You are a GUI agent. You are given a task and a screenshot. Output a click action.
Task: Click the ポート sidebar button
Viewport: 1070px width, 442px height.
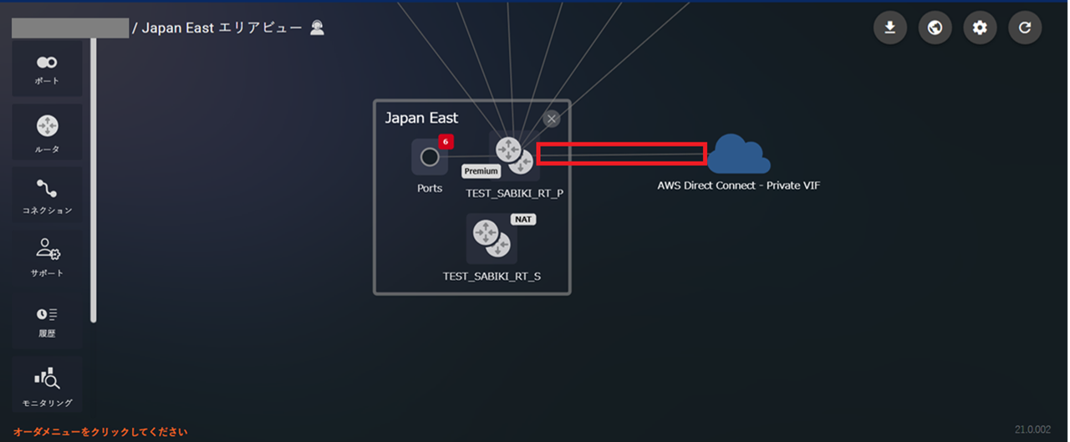pos(47,69)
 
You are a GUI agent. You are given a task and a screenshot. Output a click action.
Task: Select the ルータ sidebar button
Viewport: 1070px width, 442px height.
pos(47,132)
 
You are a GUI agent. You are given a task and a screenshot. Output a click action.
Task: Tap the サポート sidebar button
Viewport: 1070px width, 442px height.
pos(47,257)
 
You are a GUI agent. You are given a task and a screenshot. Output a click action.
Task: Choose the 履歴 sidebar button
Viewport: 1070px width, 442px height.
pos(47,320)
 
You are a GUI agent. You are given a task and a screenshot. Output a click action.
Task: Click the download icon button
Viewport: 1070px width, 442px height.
pos(890,28)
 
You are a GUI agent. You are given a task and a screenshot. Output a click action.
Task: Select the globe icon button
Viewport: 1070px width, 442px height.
pos(935,28)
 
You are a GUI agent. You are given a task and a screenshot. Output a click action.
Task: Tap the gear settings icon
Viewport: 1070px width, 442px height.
pos(980,28)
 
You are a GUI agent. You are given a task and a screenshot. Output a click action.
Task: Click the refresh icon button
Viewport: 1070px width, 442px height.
pos(1025,28)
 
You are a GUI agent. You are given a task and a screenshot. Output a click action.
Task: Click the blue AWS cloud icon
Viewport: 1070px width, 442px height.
pos(738,154)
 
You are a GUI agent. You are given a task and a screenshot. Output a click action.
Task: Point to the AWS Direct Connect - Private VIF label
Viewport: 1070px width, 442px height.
pos(738,185)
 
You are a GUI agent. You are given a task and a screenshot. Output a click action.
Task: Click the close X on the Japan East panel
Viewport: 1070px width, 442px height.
pos(552,119)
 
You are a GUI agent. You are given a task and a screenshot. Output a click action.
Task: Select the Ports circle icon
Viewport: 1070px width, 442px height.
pos(430,157)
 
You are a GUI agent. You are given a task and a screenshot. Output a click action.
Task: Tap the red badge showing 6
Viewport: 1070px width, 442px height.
pos(446,142)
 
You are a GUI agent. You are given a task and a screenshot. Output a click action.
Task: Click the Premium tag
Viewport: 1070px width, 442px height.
pos(481,171)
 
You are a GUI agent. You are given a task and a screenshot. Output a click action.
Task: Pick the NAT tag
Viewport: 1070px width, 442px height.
pos(523,219)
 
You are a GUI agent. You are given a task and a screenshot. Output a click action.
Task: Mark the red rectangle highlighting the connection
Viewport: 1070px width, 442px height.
pos(621,154)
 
